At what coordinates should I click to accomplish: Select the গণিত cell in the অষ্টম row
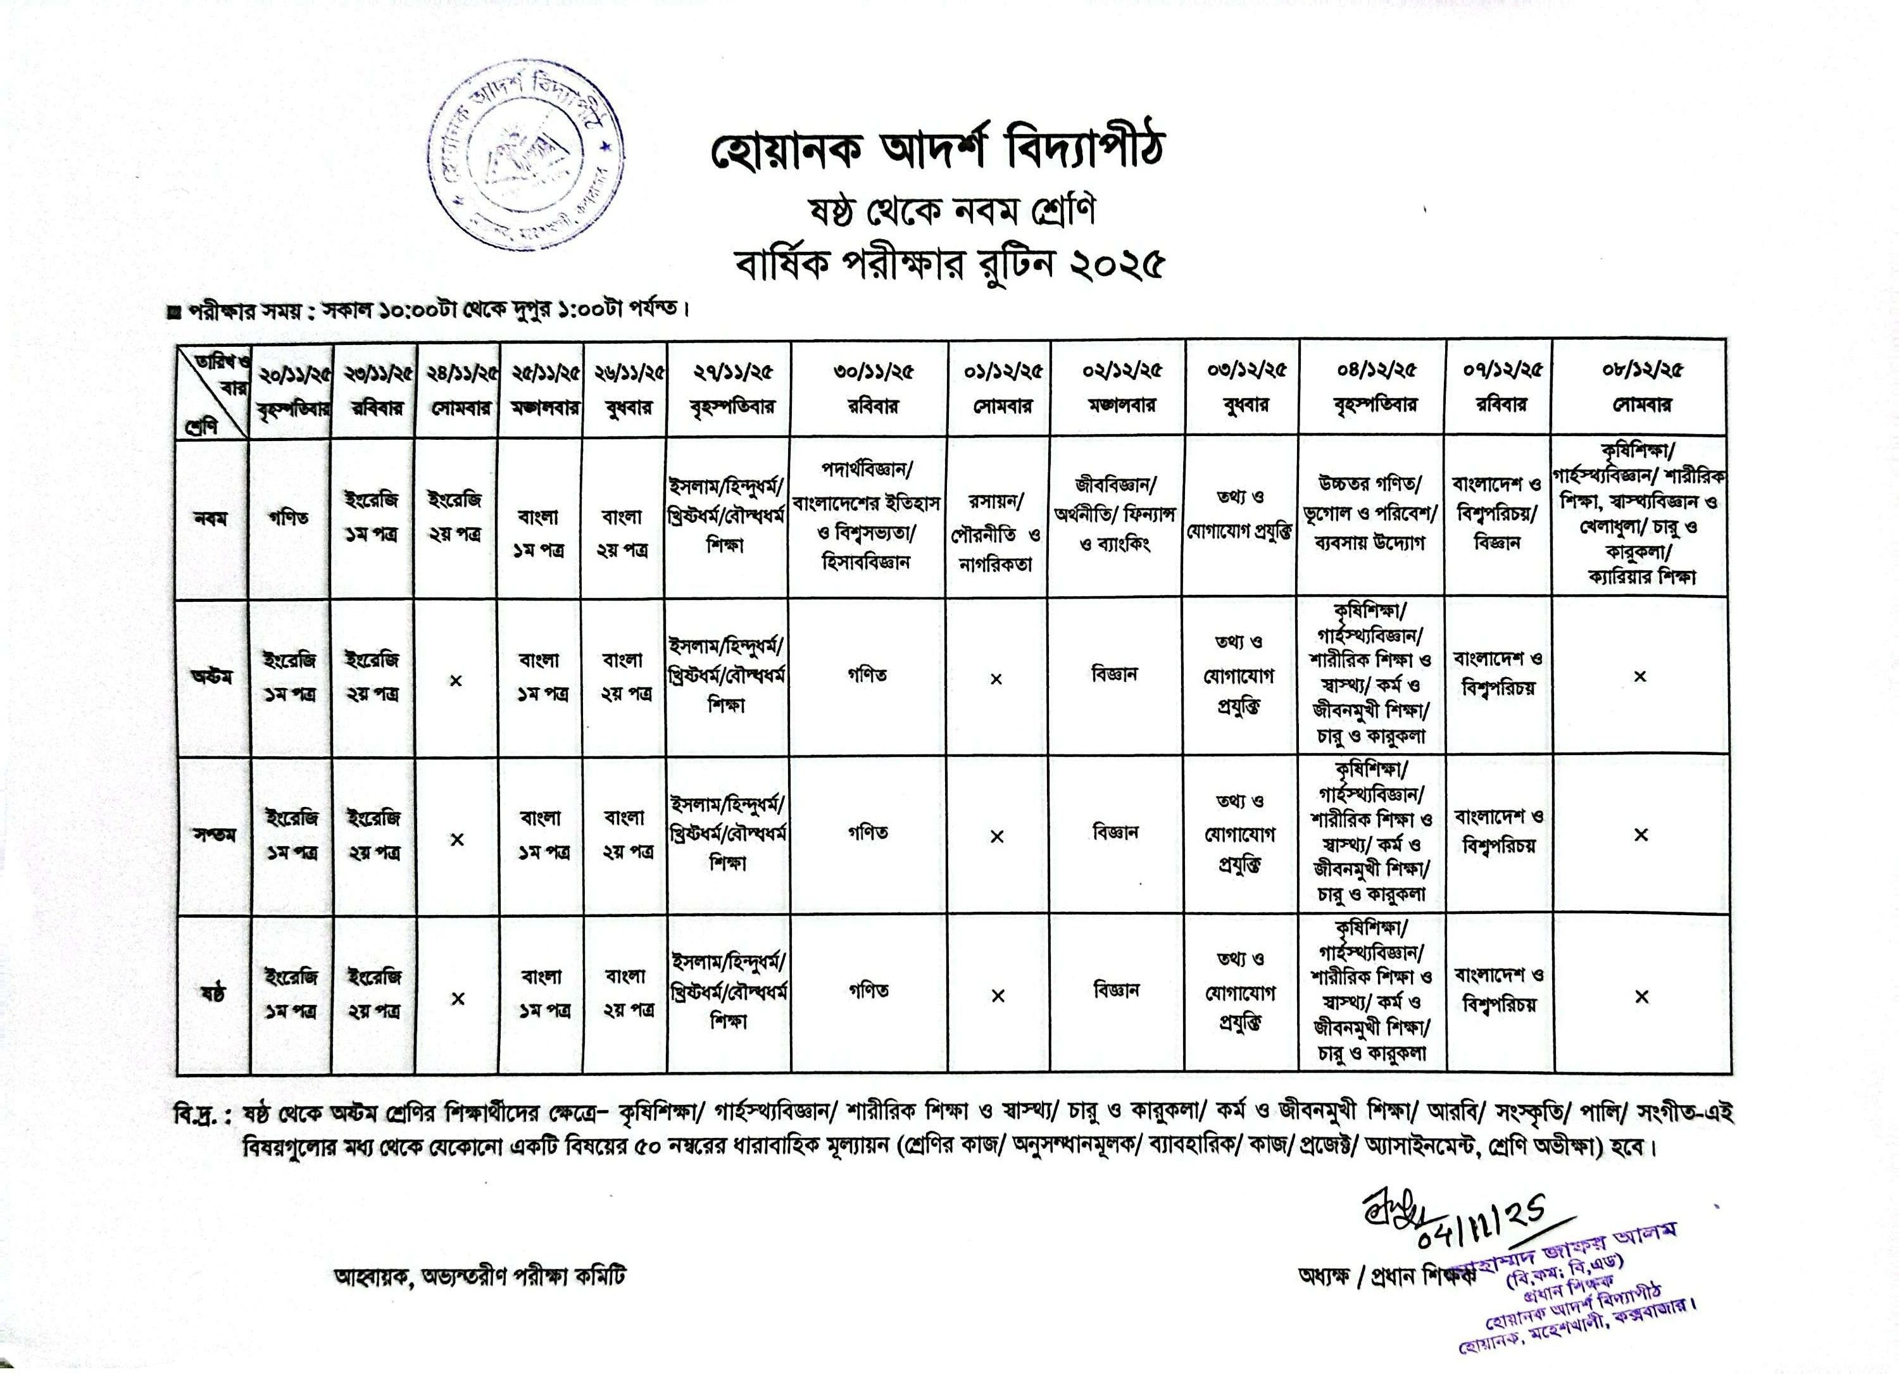coord(867,674)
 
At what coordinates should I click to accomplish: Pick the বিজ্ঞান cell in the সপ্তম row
coord(1115,833)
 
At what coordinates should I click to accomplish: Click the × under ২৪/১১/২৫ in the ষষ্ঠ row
coord(457,998)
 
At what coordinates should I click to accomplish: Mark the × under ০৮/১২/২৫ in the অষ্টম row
coord(1640,677)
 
